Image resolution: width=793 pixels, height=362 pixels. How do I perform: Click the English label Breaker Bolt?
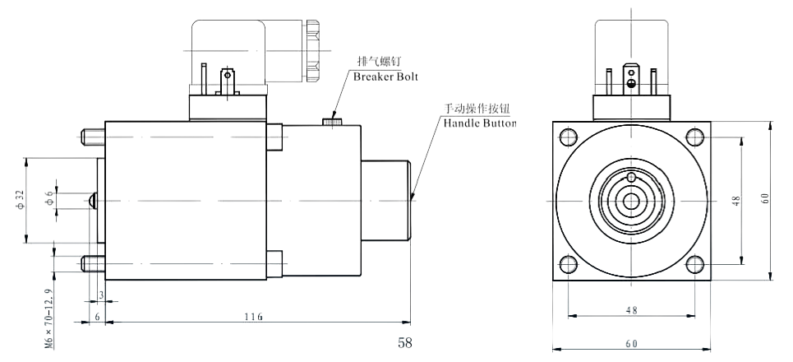[385, 77]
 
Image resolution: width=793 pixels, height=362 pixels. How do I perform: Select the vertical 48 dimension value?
[737, 200]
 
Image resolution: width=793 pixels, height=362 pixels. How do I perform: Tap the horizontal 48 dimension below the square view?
[631, 311]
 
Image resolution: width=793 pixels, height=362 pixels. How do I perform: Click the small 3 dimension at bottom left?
[101, 294]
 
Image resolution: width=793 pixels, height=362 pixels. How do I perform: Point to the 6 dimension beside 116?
[97, 317]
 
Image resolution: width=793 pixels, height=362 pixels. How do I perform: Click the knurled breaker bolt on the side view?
[333, 122]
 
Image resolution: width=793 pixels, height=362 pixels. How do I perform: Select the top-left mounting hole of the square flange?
[568, 136]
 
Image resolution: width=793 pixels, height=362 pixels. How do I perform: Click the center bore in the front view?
[631, 200]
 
